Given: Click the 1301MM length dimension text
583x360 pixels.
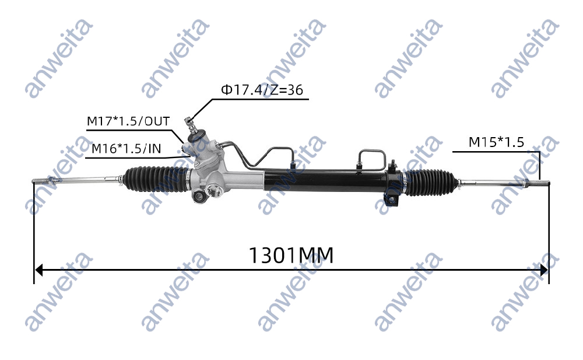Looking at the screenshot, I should coord(291,255).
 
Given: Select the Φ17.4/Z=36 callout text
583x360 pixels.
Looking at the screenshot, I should coord(261,90).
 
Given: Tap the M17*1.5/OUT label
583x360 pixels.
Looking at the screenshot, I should coord(128,121).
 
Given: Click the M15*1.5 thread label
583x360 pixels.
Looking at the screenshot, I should coord(496,142).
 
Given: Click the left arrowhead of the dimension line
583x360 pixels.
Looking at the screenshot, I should coord(39,270).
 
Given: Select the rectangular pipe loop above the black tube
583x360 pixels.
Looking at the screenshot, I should coord(371,158).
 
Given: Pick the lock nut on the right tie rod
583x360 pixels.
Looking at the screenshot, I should coord(526,183).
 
